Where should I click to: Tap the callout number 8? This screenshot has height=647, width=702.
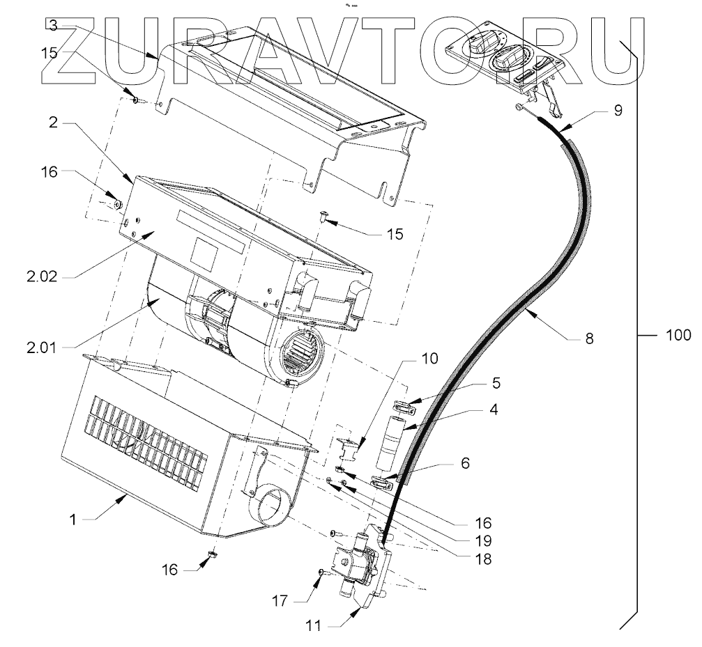coord(589,340)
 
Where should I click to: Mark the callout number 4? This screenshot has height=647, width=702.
coord(493,410)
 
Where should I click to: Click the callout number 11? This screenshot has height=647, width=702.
coord(314,625)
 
